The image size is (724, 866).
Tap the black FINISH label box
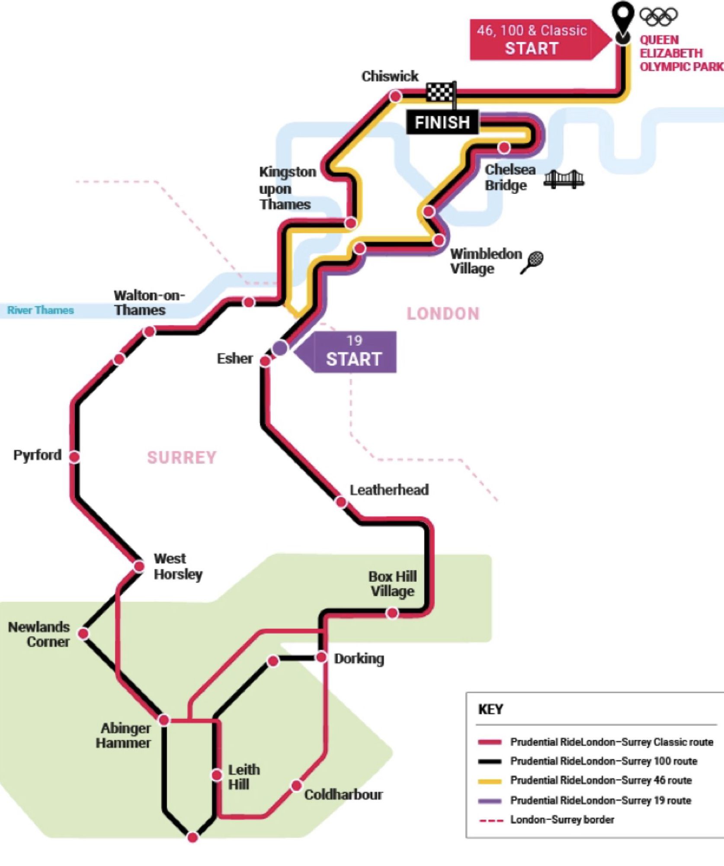442,122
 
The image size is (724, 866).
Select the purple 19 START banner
352,352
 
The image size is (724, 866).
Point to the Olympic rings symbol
659,16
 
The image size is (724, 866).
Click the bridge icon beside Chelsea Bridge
563,179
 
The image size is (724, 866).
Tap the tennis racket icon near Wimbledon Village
532,262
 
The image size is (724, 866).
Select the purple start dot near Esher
280,347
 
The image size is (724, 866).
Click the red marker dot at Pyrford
74,456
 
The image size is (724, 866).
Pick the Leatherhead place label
389,490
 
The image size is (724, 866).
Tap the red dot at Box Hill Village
392,613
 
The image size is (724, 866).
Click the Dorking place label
359,658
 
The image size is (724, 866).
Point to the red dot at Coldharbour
296,786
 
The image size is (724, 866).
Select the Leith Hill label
243,777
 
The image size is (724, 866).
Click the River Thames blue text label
40,310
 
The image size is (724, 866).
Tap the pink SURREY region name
182,457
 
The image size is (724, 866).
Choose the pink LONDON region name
443,314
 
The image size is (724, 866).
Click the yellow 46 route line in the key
490,781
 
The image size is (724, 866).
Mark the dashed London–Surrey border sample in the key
491,820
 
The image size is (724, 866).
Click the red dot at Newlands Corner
83,634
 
